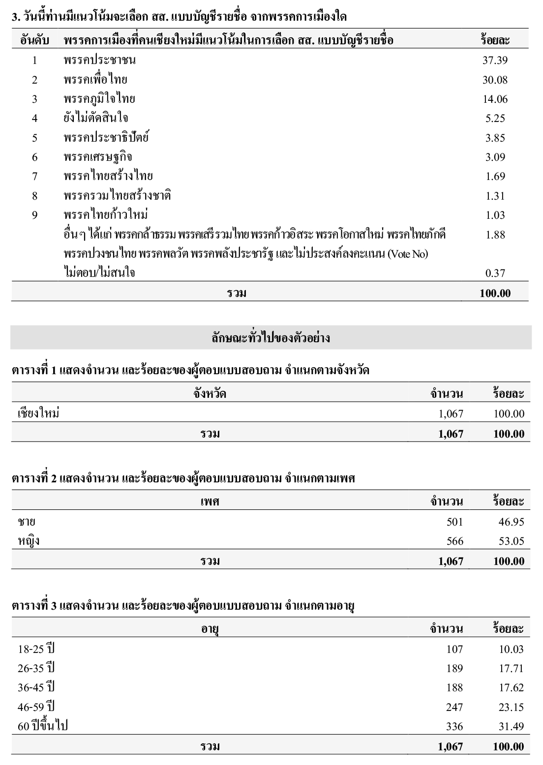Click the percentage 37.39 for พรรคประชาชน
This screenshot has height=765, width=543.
click(495, 60)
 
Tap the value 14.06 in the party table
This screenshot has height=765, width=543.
click(495, 99)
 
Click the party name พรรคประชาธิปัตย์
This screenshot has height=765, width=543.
click(106, 138)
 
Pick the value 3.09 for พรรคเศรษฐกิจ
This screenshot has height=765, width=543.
click(495, 157)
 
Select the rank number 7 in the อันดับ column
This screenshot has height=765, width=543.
click(34, 177)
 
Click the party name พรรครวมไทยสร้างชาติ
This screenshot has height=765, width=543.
click(117, 196)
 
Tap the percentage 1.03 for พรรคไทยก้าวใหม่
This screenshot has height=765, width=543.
click(495, 215)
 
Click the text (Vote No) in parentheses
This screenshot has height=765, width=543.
click(408, 254)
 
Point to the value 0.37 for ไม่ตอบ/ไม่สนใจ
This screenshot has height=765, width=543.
click(495, 273)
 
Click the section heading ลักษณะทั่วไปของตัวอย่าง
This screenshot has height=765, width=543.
click(271, 338)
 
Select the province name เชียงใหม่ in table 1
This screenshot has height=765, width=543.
click(38, 413)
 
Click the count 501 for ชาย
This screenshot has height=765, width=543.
click(454, 522)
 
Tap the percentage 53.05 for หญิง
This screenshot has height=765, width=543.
click(511, 541)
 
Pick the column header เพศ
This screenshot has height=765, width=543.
click(210, 501)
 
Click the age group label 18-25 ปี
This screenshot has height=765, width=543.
click(36, 649)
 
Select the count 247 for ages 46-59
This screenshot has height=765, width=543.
click(454, 707)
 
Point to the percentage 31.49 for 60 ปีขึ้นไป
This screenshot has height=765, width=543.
click(511, 726)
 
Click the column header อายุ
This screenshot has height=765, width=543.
click(210, 629)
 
